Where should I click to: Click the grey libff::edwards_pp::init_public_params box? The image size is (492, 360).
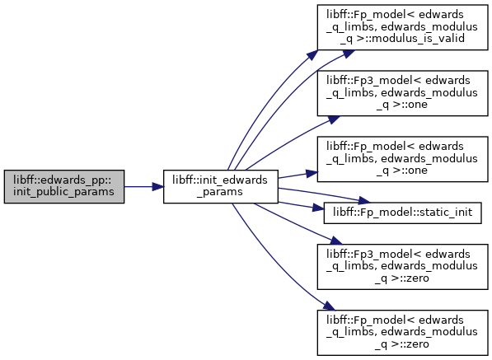coord(64,186)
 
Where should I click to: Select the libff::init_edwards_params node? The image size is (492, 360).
coord(221,186)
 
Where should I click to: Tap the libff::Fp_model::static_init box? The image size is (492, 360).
coord(402,213)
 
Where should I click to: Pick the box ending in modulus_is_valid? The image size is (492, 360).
coord(402,27)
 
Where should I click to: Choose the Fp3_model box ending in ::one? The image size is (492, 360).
coord(402,93)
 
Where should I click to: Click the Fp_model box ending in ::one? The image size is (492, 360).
coord(402,159)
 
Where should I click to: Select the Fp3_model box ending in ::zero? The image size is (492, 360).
coord(402,267)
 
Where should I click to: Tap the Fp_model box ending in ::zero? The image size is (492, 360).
coord(402,333)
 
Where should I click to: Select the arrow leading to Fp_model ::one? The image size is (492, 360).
coord(298,175)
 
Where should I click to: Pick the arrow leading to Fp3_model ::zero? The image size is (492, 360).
coord(298,223)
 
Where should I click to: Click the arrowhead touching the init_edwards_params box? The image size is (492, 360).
coord(158,187)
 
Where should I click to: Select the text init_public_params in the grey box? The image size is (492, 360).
coord(63,192)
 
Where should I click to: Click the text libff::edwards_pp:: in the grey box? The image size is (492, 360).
coord(63,180)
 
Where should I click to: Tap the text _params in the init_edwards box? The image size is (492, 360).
coord(220,192)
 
